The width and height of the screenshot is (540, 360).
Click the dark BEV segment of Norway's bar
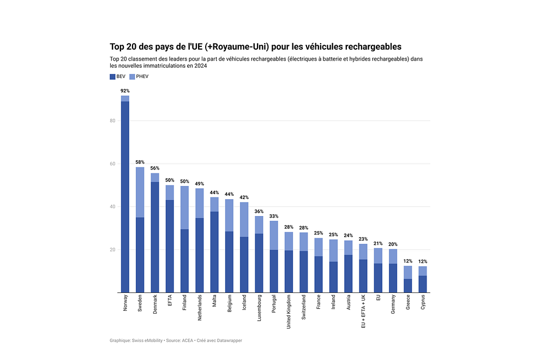[125, 196]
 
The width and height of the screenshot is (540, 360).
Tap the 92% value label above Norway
[125, 91]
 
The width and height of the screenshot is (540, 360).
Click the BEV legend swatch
[112, 76]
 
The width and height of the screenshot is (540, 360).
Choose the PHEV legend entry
[137, 76]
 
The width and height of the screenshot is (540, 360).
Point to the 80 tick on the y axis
[112, 121]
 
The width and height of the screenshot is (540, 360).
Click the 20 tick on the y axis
[112, 250]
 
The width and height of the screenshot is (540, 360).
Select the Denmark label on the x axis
[155, 304]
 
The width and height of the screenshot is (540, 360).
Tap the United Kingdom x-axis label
[289, 311]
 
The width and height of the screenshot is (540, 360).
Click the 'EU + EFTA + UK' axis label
[364, 311]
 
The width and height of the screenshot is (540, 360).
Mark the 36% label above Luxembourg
[259, 212]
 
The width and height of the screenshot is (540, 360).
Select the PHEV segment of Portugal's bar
[274, 235]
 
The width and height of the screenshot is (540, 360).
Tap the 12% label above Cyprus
[423, 261]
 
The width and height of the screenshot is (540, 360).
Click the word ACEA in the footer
[186, 340]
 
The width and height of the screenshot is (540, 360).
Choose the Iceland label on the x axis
[244, 303]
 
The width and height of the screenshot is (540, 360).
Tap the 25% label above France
[319, 233]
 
